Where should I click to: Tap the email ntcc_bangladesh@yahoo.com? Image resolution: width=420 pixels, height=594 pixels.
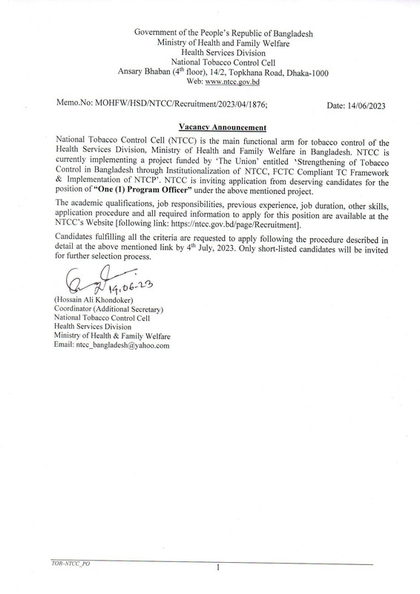[x=108, y=345]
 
